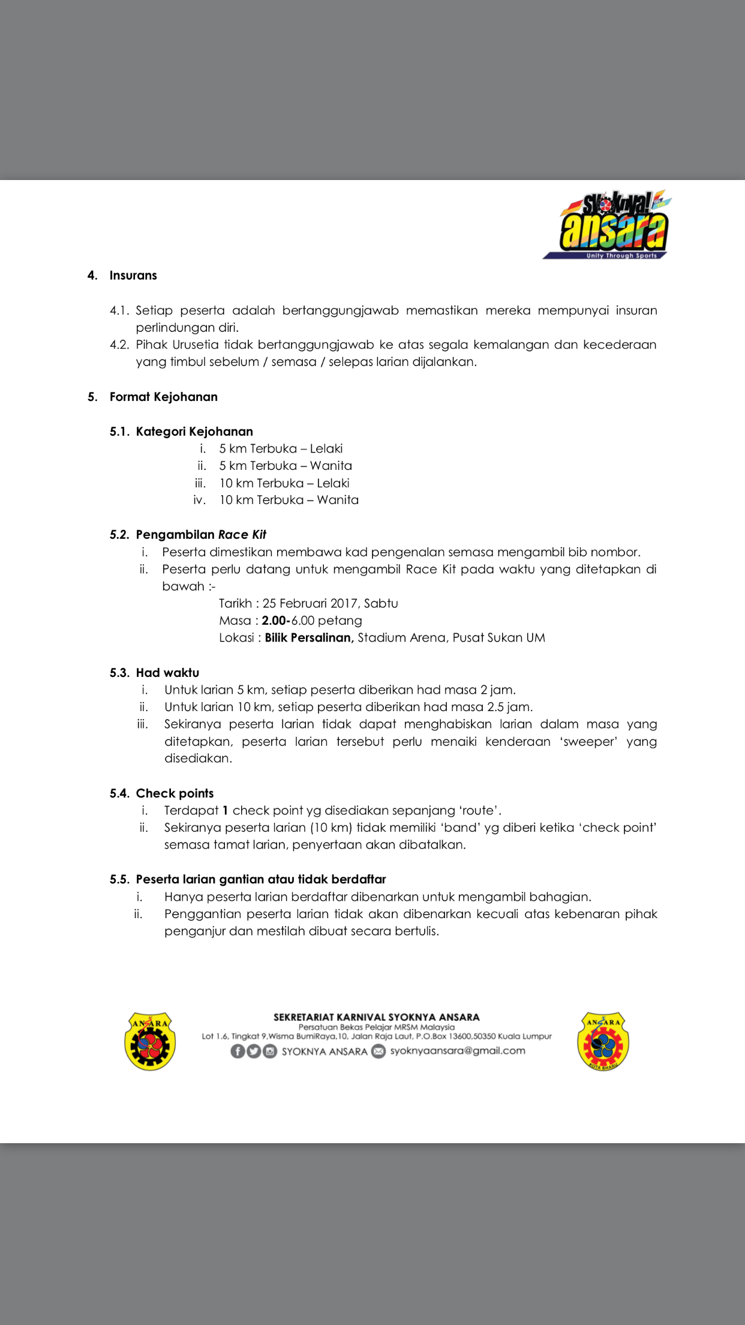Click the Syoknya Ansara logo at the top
(x=607, y=226)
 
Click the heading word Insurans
(x=133, y=275)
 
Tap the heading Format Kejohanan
(x=163, y=397)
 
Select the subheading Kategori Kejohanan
(x=194, y=431)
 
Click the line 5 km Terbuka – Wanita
(x=285, y=466)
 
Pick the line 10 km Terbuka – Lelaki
(x=284, y=483)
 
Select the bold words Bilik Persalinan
(x=309, y=637)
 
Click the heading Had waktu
(x=167, y=673)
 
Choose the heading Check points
(x=175, y=793)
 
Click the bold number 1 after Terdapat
(x=226, y=811)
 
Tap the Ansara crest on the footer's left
(x=150, y=1041)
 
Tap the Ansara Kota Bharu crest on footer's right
(x=603, y=1041)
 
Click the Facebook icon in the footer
(x=238, y=1051)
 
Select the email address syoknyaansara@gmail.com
(x=457, y=1051)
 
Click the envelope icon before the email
(x=378, y=1051)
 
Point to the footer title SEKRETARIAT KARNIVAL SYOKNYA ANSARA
(x=376, y=1017)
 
